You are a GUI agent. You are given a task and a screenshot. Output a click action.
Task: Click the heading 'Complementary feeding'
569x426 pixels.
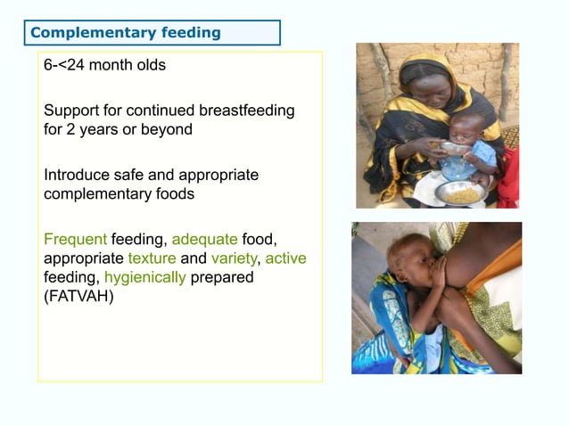click(x=126, y=33)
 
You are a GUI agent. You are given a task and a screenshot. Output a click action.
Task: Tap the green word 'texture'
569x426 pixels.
click(x=153, y=258)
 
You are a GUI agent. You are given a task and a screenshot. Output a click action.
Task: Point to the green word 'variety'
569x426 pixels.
click(x=235, y=258)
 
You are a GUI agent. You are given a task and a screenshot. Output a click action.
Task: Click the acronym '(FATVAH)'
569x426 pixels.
click(x=79, y=297)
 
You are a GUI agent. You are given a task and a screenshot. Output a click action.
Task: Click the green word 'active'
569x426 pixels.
click(x=285, y=258)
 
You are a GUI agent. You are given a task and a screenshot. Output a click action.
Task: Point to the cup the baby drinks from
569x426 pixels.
click(x=454, y=148)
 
